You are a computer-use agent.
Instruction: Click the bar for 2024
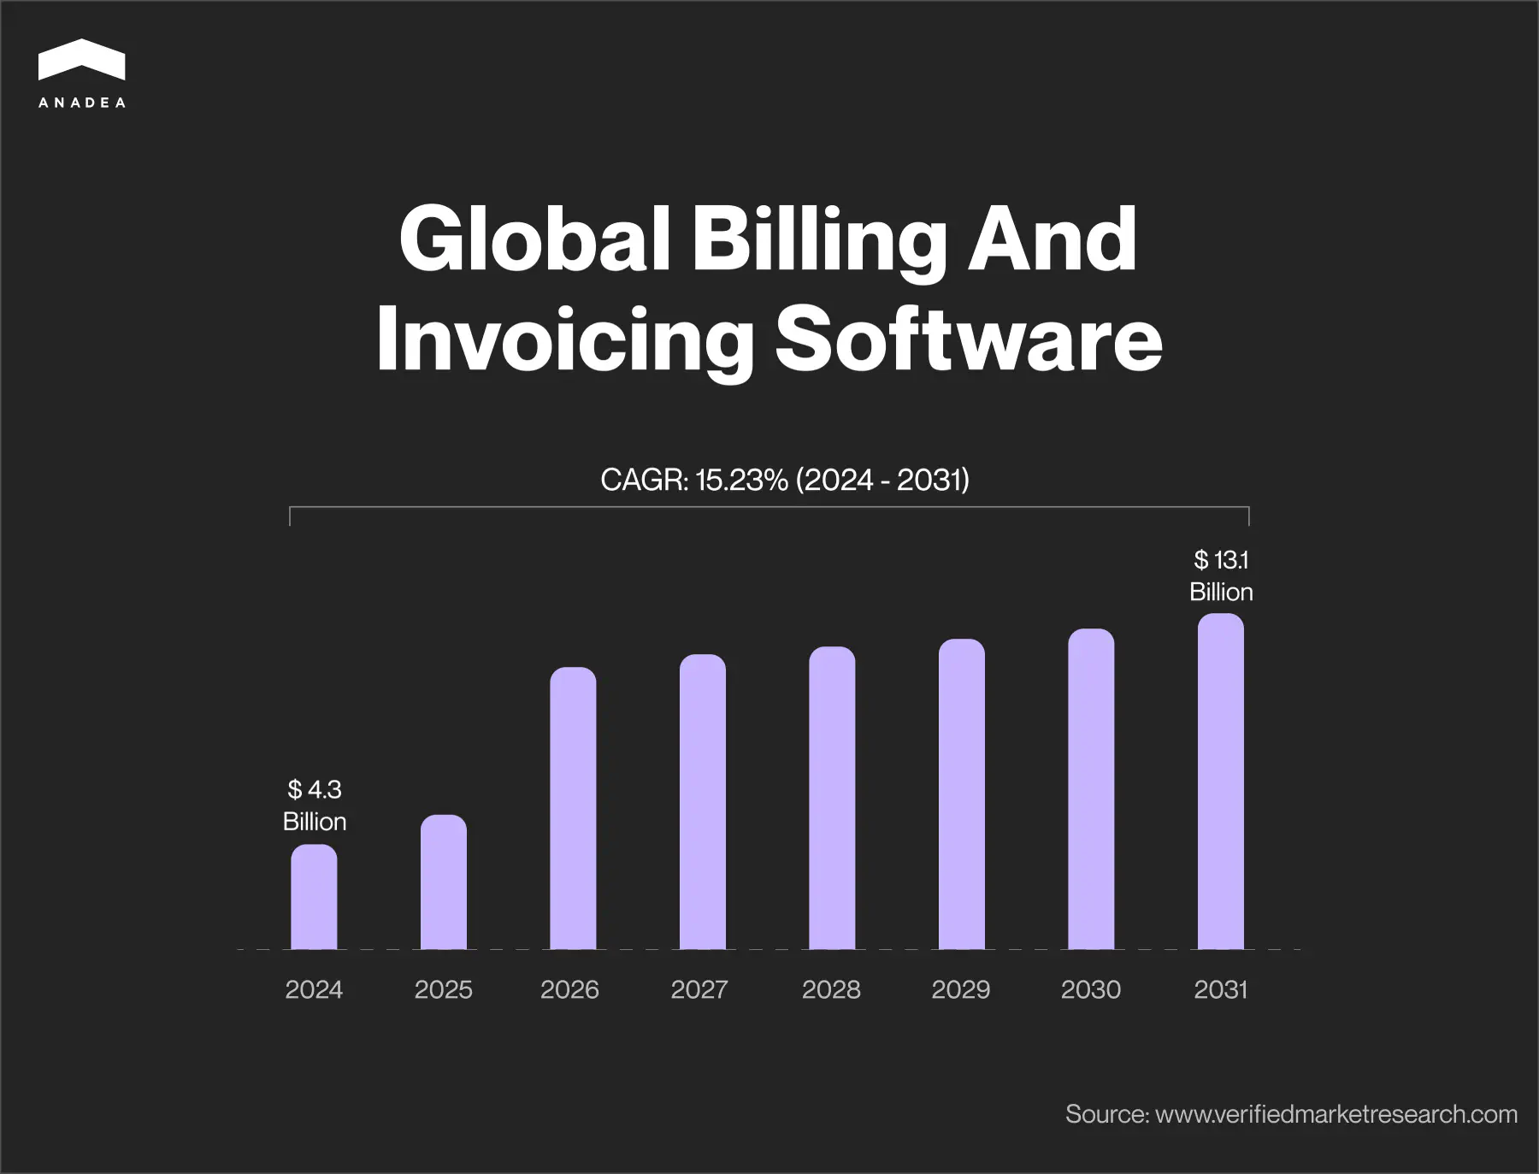(314, 897)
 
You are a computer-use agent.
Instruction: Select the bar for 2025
(444, 882)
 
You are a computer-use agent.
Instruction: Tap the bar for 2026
(573, 808)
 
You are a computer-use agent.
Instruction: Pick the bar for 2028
(832, 798)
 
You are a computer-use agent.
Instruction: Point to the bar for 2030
(1091, 788)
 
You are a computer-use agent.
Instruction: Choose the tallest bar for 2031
(1220, 781)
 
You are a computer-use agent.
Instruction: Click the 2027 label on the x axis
(699, 989)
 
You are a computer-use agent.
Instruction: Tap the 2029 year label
(960, 989)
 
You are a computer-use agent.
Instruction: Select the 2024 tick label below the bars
(314, 989)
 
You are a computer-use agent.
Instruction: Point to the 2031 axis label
(1220, 989)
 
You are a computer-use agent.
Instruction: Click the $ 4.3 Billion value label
(315, 805)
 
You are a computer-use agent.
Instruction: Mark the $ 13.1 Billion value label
(1221, 575)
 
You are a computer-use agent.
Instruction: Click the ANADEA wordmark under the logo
(82, 103)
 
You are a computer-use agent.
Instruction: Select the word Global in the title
(534, 239)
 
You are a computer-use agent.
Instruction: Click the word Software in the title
(968, 339)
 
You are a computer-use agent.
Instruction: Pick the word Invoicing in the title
(564, 339)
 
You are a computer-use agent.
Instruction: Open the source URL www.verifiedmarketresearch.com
(1336, 1114)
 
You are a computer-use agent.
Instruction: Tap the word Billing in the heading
(818, 239)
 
